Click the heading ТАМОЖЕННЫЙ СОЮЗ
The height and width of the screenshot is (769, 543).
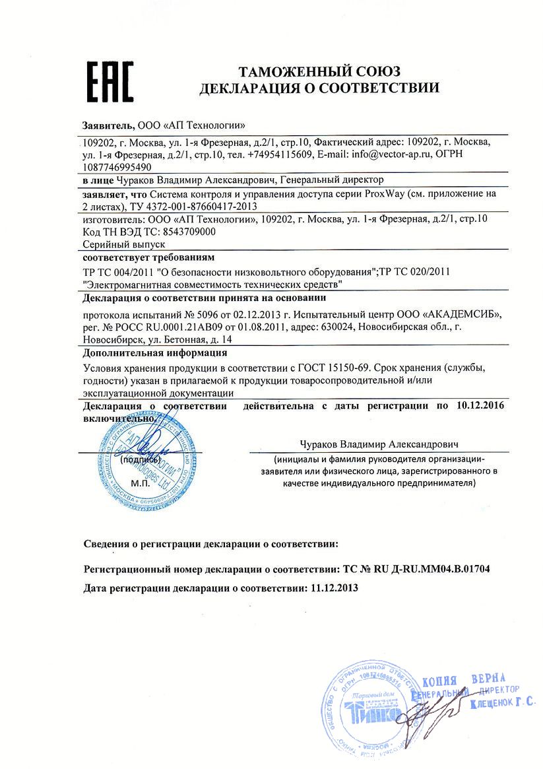tap(319, 71)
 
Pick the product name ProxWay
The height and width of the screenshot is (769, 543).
tap(383, 194)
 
